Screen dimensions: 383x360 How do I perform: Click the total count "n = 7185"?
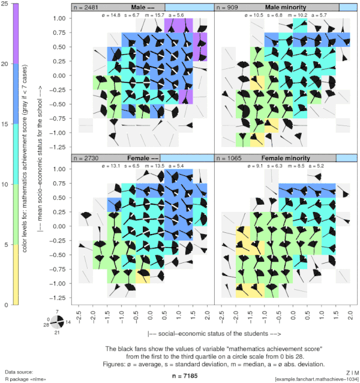coord(180,376)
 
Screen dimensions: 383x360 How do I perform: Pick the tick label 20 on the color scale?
coord(5,64)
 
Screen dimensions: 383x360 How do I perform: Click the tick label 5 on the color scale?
coord(5,245)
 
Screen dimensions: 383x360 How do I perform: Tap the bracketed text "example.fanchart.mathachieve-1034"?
coord(316,379)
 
